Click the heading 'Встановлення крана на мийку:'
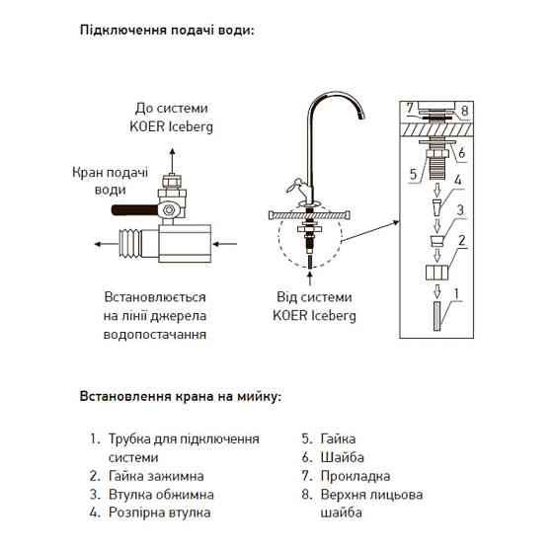pyautogui.click(x=180, y=397)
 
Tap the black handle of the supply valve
pyautogui.click(x=131, y=210)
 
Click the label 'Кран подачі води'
pyautogui.click(x=111, y=180)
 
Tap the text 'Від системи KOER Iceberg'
pyautogui.click(x=314, y=306)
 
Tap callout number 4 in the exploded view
pyautogui.click(x=456, y=181)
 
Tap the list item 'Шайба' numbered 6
pyautogui.click(x=342, y=457)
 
